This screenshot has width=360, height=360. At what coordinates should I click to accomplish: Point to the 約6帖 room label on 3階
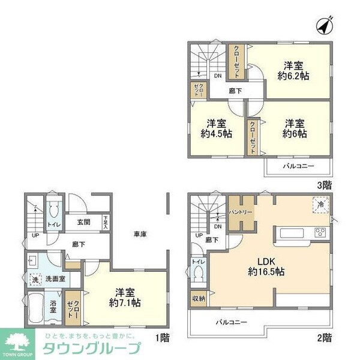click(295, 128)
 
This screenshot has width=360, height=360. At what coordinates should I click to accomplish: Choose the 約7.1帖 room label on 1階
click(125, 298)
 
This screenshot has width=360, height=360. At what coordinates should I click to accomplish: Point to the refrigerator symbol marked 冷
click(321, 205)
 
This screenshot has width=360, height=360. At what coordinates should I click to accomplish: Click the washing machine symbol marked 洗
click(35, 280)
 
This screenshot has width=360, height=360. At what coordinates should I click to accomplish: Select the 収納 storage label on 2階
click(199, 298)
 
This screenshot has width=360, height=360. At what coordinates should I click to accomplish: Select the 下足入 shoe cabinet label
click(106, 222)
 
